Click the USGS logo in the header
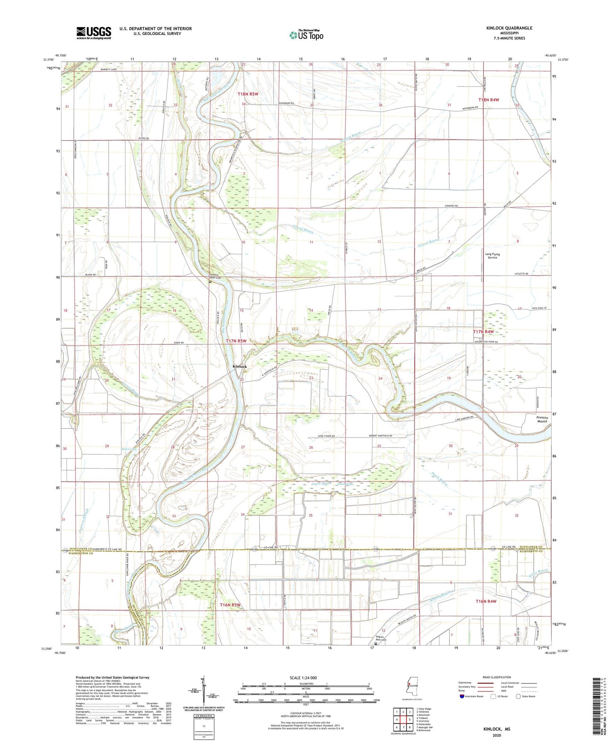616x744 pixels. point(94,33)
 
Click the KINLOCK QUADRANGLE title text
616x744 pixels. point(509,28)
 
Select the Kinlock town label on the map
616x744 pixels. point(239,366)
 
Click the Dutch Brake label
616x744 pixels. point(346,484)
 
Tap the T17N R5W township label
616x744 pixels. point(236,341)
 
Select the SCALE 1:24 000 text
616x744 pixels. point(303,678)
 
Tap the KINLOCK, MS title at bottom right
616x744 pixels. point(497,729)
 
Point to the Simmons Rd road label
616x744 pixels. point(451,206)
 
